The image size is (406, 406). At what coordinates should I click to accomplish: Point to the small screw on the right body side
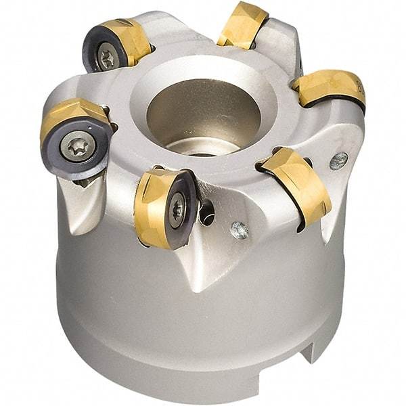pyautogui.click(x=338, y=160)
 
